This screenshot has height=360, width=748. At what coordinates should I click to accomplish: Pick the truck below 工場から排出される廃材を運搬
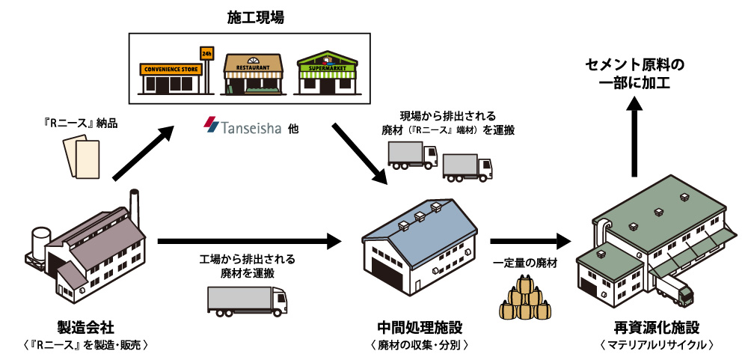pyautogui.click(x=246, y=300)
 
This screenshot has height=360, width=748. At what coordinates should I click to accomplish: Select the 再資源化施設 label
pyautogui.click(x=657, y=328)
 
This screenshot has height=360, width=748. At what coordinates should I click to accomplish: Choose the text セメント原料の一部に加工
pyautogui.click(x=634, y=74)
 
